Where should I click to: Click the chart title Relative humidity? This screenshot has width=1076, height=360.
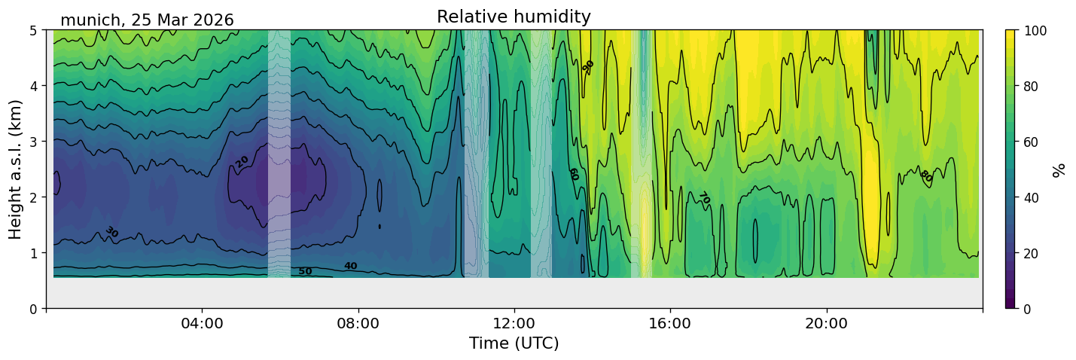click(x=514, y=17)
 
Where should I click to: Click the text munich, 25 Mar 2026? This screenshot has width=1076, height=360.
click(x=147, y=20)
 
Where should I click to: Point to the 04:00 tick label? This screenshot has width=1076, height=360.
click(x=203, y=323)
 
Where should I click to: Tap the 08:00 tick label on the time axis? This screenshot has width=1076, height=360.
click(x=358, y=323)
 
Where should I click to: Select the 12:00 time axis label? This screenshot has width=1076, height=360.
click(x=514, y=323)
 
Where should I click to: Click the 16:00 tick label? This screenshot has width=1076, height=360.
click(x=671, y=323)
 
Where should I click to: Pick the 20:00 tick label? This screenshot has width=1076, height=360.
click(x=827, y=323)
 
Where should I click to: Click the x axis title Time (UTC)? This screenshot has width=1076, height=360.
click(x=514, y=343)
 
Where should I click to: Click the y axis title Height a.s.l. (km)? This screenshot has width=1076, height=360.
click(x=15, y=169)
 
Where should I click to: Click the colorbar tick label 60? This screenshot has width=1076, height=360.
click(x=1031, y=142)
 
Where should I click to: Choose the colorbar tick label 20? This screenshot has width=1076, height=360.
click(x=1031, y=253)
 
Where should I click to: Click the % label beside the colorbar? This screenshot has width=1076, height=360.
click(x=1058, y=170)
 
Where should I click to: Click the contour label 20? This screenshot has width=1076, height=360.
click(x=242, y=162)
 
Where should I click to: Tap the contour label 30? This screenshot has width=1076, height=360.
click(x=112, y=232)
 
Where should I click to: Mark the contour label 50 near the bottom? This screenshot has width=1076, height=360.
click(x=305, y=271)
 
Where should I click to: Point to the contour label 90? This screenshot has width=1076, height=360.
click(x=588, y=66)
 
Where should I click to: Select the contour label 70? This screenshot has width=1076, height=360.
click(x=704, y=197)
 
